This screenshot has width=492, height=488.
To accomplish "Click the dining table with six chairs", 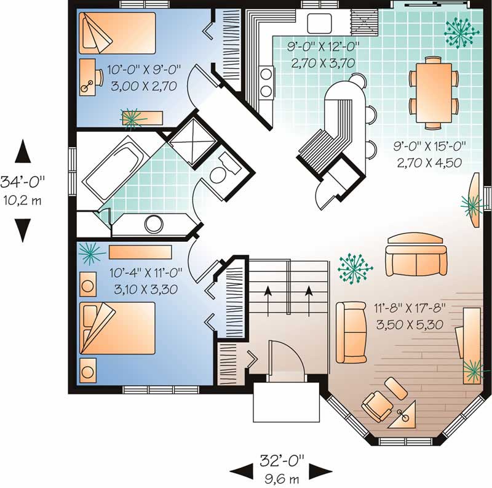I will click(434, 91).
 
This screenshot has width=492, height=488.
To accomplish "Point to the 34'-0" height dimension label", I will click(23, 190).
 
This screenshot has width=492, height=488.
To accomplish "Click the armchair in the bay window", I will click(375, 406).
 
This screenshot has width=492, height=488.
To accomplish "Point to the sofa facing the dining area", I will click(416, 255).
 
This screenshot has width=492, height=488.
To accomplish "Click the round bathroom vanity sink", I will click(152, 223).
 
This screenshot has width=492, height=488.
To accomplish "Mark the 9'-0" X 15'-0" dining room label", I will click(428, 155).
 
